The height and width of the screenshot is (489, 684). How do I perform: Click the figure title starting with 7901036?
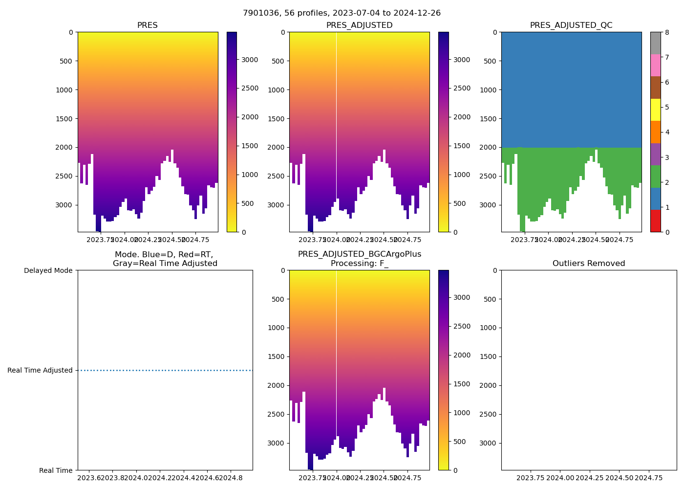[x=342, y=13]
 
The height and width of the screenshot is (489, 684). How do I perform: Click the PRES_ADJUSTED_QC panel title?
[x=571, y=25]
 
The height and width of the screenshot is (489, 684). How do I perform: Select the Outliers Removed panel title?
[x=589, y=264]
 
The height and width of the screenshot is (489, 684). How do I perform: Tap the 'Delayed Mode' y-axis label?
[x=48, y=270]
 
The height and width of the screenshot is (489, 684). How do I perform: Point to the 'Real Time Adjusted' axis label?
[x=40, y=371]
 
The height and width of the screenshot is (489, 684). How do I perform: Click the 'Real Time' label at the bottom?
[x=56, y=470]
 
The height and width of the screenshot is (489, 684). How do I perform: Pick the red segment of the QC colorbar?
[x=655, y=221]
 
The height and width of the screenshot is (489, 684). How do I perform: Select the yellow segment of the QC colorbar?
[x=655, y=110]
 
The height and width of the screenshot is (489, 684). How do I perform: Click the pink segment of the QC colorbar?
[x=655, y=65]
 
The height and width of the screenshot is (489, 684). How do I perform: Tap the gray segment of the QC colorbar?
[x=655, y=43]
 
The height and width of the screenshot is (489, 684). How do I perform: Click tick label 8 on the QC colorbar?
[x=666, y=32]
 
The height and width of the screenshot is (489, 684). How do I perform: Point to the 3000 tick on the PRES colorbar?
[x=250, y=60]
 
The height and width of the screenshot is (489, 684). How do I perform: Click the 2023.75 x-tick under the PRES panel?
[x=101, y=240]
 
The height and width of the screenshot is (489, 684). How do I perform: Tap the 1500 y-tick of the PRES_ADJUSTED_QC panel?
[x=488, y=119]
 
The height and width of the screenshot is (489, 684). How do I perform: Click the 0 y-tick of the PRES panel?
[x=71, y=32]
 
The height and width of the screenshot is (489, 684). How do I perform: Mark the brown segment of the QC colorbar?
[x=655, y=88]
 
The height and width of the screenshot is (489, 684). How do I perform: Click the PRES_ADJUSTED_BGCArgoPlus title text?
[x=359, y=254]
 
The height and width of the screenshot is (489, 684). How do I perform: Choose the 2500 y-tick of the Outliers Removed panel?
[x=488, y=414]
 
